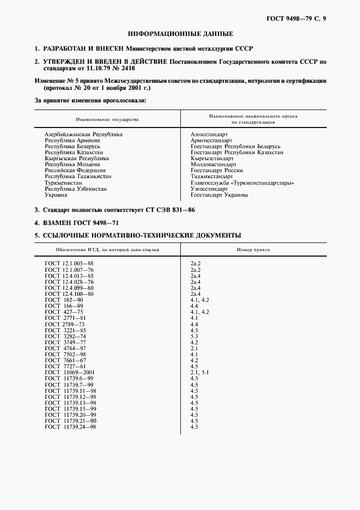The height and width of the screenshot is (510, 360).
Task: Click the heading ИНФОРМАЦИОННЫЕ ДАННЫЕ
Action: coord(180,34)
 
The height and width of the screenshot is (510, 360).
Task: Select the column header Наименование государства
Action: coord(107,119)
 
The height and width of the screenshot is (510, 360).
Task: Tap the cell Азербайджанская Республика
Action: coord(83,134)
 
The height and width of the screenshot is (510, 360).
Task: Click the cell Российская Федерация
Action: coord(76,171)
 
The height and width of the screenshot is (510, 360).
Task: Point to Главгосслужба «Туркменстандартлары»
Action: coord(242,183)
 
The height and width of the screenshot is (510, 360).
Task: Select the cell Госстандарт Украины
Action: coord(219,195)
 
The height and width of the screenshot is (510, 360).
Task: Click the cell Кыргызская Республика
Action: coord(77,158)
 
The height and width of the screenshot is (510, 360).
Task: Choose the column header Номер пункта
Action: coord(253,250)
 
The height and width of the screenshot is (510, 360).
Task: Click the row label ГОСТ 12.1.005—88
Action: coord(70,264)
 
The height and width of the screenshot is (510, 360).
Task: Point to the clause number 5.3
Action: coord(194,336)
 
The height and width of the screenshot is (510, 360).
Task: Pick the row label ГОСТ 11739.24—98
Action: coord(70,427)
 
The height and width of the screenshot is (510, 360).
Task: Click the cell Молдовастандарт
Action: coord(213,164)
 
